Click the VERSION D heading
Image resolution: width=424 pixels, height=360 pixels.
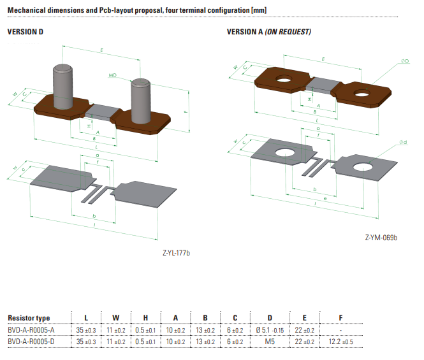pos(25,32)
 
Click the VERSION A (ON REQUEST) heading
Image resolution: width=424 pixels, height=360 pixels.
pos(269,32)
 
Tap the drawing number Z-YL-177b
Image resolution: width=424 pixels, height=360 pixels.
pos(177,254)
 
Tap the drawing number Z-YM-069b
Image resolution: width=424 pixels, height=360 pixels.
pos(382,238)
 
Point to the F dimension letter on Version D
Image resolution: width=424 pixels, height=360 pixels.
pos(186,112)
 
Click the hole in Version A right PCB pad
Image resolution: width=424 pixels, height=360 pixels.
pos(360,168)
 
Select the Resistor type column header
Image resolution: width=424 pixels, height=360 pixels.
pos(29,318)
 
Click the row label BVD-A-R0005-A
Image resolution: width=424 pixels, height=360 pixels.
pos(31,330)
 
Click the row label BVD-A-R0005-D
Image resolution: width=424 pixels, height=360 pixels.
pos(31,342)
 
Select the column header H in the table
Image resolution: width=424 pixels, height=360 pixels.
pos(145,318)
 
